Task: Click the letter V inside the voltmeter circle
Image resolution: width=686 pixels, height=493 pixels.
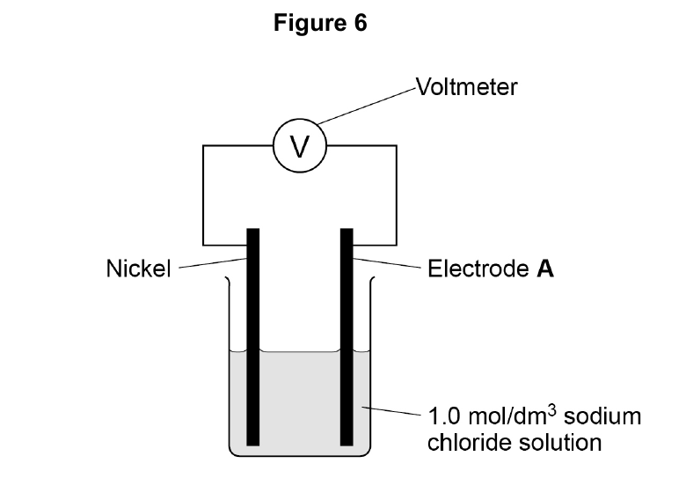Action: pos(300,146)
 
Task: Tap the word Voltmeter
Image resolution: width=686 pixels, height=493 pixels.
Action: pos(466,86)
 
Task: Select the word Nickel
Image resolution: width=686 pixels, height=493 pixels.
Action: pos(138,268)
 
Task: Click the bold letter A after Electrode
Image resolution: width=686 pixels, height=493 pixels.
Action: pos(545,268)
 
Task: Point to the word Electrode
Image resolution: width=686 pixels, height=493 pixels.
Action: pos(478,268)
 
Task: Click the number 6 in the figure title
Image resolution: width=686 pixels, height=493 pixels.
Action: pos(361,22)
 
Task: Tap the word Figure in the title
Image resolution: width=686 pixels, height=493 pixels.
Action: pos(310,23)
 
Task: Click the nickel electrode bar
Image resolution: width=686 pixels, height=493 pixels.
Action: pos(253,336)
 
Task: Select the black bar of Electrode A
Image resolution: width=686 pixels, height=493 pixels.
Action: pos(347,336)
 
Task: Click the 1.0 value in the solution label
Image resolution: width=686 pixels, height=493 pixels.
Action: pos(444,416)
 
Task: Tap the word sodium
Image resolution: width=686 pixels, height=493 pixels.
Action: pos(602,416)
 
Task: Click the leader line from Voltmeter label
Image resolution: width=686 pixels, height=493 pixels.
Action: pos(367,107)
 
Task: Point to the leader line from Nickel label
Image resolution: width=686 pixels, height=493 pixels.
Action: pos(213,262)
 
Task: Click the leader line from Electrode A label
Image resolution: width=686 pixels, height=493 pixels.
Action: pos(387,263)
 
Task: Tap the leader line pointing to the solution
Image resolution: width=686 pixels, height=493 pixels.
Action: pos(391,411)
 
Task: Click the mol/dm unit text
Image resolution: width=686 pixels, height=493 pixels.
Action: pos(507,416)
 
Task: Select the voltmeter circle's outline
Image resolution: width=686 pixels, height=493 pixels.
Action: pos(300,119)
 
